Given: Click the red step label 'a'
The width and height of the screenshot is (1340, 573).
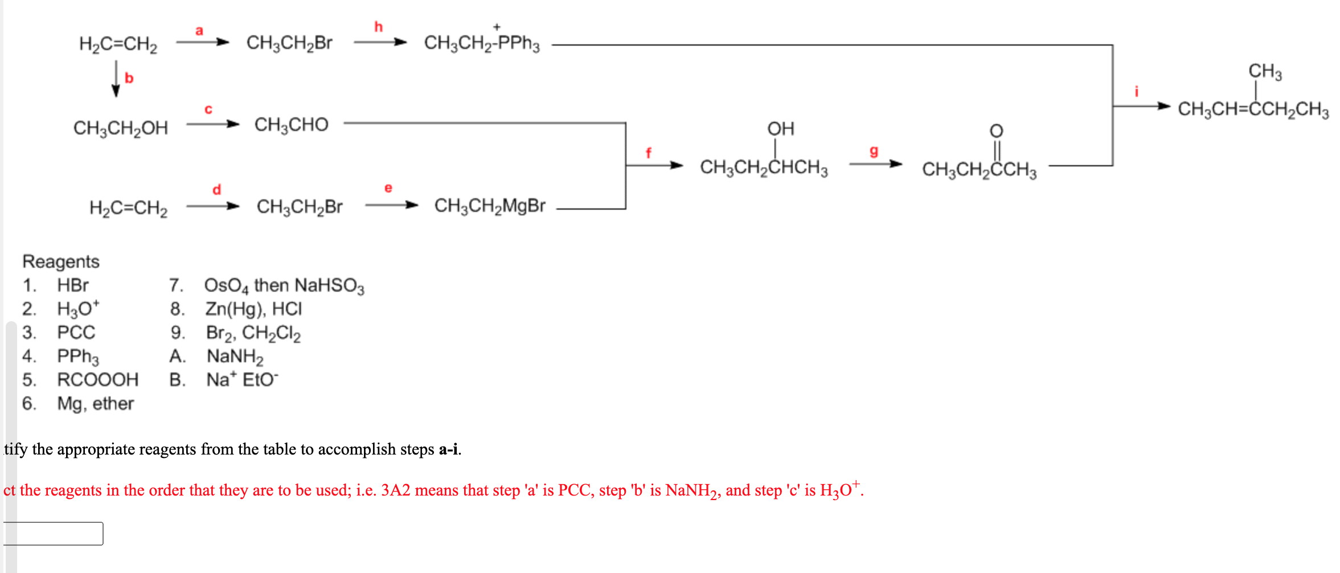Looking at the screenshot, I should coord(199,31).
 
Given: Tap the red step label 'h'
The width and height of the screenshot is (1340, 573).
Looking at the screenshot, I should coord(378,27).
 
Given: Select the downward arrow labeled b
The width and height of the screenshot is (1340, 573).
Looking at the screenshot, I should coord(116,79).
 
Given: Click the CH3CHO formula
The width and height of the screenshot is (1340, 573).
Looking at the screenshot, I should coord(291,125).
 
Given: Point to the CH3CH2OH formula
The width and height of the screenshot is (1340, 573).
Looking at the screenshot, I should coord(121,128).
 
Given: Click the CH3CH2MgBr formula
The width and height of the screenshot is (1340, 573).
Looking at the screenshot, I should coord(489,206).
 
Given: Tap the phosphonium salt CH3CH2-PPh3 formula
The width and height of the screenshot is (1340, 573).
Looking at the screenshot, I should coord(481,43).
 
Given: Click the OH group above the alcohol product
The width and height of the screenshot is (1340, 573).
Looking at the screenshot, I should coord(780,129).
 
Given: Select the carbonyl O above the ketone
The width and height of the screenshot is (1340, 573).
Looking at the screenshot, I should coord(996,131).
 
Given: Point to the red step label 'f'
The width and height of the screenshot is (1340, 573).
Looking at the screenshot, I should coord(648,153).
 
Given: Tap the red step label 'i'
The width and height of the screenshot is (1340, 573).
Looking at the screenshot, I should coord(1136,91).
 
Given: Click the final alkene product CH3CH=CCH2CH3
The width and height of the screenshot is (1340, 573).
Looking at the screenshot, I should coord(1253,109).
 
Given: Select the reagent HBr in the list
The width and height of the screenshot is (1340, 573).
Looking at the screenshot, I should coord(73,285).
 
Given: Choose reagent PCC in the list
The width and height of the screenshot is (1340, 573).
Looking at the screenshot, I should coord(76,332).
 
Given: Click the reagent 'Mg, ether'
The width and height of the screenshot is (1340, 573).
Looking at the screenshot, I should coord(95,403).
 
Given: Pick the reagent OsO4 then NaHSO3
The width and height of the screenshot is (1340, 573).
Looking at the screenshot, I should coord(284,285).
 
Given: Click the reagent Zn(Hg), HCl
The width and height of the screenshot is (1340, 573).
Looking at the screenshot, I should coord(253,309).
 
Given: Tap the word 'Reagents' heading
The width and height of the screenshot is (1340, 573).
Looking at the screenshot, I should coord(61,261).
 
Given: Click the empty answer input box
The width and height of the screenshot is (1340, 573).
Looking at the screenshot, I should coord(54,534).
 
